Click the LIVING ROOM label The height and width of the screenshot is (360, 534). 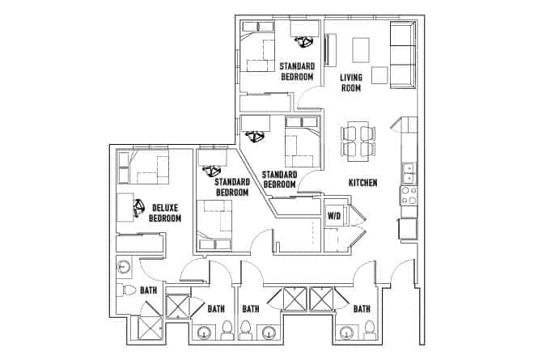[351, 83]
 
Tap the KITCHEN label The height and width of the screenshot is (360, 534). [363, 184]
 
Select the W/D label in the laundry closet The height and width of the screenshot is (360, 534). [333, 216]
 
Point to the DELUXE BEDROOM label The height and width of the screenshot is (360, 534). [165, 213]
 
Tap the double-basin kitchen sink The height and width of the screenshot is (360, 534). [409, 172]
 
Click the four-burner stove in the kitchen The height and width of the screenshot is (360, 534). [409, 195]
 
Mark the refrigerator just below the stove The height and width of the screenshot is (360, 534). [408, 229]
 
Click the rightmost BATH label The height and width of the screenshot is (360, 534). [361, 309]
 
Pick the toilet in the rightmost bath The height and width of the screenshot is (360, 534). [369, 328]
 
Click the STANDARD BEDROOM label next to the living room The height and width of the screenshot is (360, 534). [296, 71]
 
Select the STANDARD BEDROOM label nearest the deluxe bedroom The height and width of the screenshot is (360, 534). [231, 188]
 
